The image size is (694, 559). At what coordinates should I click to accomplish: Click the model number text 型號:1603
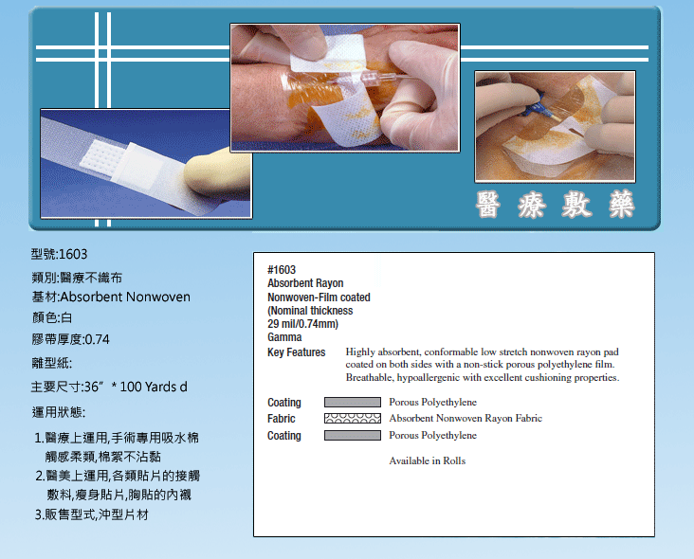[60, 254]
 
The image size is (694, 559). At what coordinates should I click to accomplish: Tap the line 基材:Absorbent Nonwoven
[111, 297]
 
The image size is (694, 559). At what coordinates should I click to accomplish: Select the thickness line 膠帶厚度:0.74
[71, 339]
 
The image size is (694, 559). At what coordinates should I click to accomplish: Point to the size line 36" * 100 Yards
[109, 387]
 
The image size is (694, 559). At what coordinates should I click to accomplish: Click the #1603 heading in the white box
[282, 270]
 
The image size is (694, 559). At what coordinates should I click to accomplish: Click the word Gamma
[284, 337]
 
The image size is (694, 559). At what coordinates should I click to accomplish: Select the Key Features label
[296, 352]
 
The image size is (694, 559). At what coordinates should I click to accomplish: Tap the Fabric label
[281, 419]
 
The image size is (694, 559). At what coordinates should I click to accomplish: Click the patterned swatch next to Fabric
[353, 419]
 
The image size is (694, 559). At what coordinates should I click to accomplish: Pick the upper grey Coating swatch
[353, 402]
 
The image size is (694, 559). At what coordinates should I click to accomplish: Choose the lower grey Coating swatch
[353, 435]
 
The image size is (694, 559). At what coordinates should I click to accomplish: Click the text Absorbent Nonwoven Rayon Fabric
[466, 419]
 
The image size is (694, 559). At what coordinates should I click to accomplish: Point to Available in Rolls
[427, 460]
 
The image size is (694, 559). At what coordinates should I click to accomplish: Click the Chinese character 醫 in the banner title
[488, 205]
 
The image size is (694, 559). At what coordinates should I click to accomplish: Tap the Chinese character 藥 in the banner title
[621, 205]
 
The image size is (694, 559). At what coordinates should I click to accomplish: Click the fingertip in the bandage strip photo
[216, 173]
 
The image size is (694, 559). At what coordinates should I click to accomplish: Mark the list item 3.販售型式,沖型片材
[92, 514]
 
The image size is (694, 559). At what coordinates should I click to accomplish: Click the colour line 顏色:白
[52, 317]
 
